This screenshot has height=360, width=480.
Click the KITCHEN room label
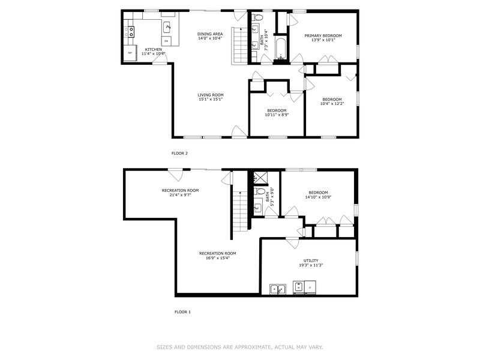(154, 49)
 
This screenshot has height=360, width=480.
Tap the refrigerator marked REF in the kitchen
(129, 53)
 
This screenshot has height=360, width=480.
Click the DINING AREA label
(210, 34)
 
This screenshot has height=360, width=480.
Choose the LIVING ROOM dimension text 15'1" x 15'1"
(211, 100)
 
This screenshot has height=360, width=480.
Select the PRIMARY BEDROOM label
(323, 36)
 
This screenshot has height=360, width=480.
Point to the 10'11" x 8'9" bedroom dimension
(277, 115)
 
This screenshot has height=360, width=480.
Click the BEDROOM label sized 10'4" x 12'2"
(332, 100)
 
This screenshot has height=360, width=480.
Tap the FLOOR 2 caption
(180, 154)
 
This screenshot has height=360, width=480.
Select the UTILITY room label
(311, 260)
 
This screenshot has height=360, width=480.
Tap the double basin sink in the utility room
(277, 289)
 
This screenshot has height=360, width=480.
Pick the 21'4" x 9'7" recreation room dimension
(180, 195)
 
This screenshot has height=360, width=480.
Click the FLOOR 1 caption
(182, 312)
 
